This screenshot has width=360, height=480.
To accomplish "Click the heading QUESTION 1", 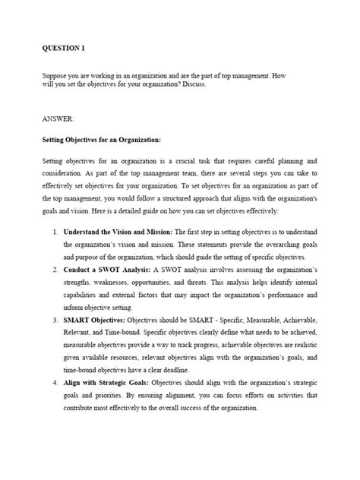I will click(x=63, y=47).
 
